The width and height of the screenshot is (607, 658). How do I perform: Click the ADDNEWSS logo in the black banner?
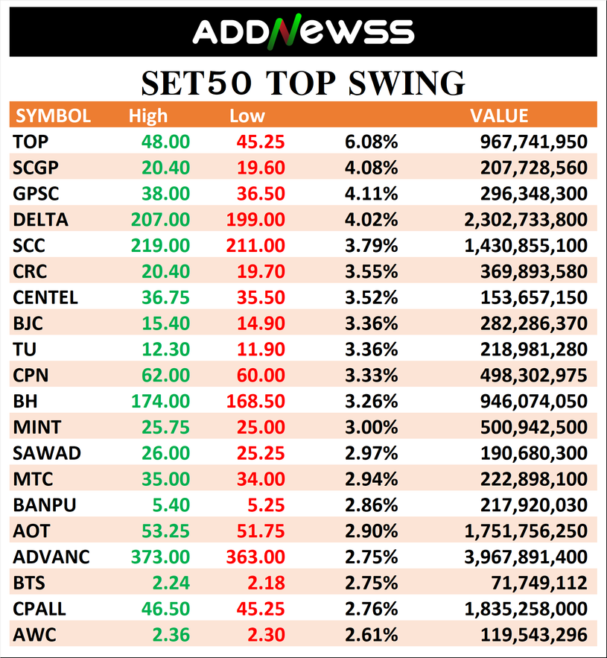point(303,31)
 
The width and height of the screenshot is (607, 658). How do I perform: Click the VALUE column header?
point(499,116)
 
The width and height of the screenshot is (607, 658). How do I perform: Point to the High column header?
point(148,116)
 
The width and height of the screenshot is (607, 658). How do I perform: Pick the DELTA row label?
point(40,220)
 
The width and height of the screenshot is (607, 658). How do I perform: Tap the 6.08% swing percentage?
point(371,142)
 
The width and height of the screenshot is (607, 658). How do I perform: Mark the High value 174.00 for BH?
point(160,401)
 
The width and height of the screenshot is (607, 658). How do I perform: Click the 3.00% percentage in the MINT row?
point(371,427)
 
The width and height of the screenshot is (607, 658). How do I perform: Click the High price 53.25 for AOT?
point(166,531)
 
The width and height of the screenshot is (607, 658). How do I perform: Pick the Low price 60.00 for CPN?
point(261,375)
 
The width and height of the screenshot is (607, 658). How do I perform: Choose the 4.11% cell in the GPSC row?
point(371,194)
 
